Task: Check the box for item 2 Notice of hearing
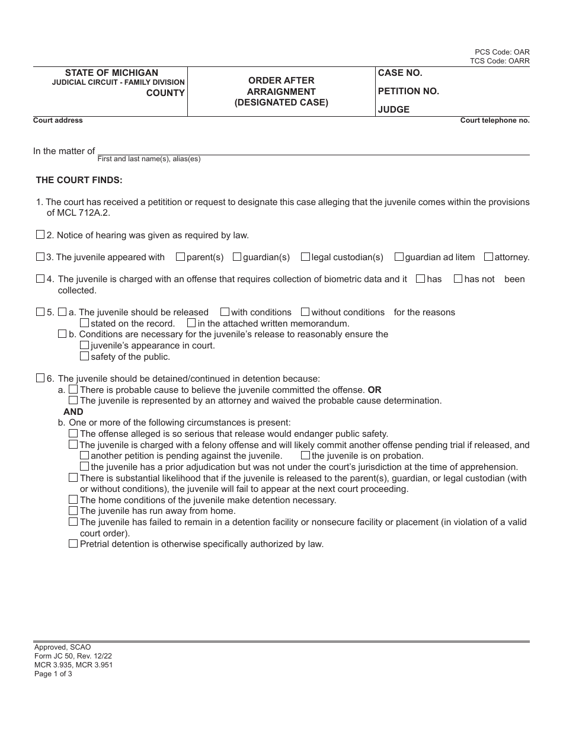[40, 235]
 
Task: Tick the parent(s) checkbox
[180, 257]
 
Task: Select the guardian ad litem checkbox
[399, 257]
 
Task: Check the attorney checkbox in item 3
[488, 257]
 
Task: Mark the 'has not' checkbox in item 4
[458, 279]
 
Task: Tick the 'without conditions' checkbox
[305, 312]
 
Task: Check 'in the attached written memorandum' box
[191, 323]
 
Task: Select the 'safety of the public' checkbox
[84, 356]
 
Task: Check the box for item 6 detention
[40, 378]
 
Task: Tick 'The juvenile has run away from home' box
[73, 510]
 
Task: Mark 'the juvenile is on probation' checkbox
[305, 455]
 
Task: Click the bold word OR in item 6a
[375, 390]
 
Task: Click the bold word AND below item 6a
[73, 411]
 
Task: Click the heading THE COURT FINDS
[79, 180]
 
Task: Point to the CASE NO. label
[400, 73]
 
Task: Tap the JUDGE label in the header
[394, 110]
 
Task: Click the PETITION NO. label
[408, 91]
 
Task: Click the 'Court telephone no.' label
[495, 120]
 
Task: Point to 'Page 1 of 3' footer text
[53, 674]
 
